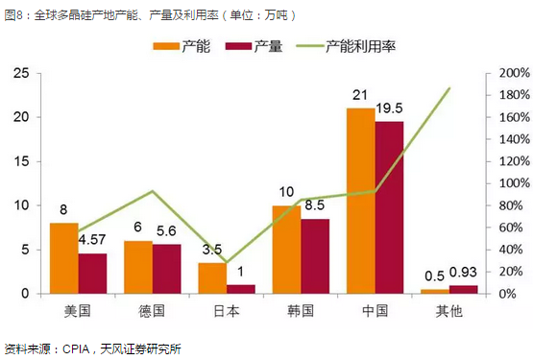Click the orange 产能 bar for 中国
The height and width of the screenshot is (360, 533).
360,201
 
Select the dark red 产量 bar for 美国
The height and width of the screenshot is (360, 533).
92,273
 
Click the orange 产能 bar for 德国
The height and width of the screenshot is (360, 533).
138,267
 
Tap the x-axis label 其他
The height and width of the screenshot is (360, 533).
450,311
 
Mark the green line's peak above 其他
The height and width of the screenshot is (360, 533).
449,88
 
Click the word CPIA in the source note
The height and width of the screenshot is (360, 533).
76,348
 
